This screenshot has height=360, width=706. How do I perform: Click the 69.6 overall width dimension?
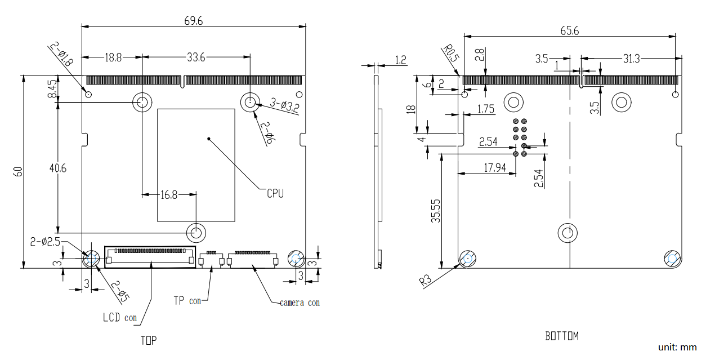click(193, 21)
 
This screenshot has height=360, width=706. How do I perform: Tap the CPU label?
click(275, 193)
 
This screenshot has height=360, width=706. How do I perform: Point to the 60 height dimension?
click(18, 172)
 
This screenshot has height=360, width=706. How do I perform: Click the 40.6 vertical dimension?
click(57, 168)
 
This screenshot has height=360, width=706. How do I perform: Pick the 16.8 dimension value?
click(168, 195)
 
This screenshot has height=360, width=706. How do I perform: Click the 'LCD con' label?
click(119, 318)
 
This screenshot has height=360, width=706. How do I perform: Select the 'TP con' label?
click(187, 301)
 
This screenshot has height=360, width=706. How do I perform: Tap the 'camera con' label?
click(300, 303)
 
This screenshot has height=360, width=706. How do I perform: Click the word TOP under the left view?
click(149, 340)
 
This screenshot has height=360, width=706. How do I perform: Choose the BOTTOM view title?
click(561, 336)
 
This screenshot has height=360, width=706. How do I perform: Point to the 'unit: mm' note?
click(677, 348)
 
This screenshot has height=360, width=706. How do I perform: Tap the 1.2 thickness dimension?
click(400, 59)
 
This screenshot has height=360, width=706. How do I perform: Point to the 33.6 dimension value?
click(195, 57)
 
